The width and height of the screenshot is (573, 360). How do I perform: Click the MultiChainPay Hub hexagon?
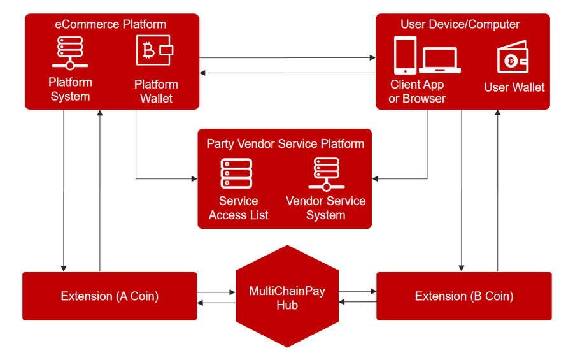click(287, 296)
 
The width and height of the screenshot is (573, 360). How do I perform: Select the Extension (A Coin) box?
click(110, 296)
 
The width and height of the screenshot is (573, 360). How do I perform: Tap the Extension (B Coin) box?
click(463, 296)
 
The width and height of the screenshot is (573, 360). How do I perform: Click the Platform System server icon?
click(70, 53)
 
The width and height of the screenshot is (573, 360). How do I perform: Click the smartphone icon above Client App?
click(405, 55)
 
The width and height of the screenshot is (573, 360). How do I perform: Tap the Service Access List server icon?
click(236, 173)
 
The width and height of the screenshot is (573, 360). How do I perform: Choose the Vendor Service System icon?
click(326, 173)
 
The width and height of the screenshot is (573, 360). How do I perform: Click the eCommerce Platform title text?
click(111, 25)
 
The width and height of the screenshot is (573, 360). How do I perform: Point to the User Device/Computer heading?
click(460, 25)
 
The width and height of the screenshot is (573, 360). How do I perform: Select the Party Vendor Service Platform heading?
click(285, 143)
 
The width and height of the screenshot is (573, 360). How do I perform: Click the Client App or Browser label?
click(417, 92)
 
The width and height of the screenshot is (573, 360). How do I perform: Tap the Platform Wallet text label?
click(156, 92)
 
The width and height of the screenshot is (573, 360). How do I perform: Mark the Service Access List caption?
click(238, 208)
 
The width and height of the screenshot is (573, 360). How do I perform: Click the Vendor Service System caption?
click(326, 208)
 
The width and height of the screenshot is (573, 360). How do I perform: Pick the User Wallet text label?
click(514, 87)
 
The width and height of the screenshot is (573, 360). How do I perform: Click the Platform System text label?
click(70, 90)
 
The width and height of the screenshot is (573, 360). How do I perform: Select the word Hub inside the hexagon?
click(287, 305)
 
